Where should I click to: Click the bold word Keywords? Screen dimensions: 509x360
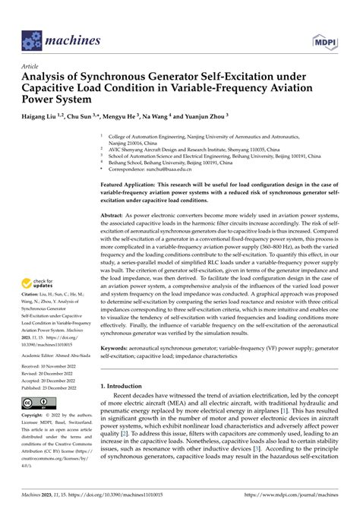click(x=118, y=365)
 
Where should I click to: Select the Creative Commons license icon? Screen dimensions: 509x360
click(x=37, y=422)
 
